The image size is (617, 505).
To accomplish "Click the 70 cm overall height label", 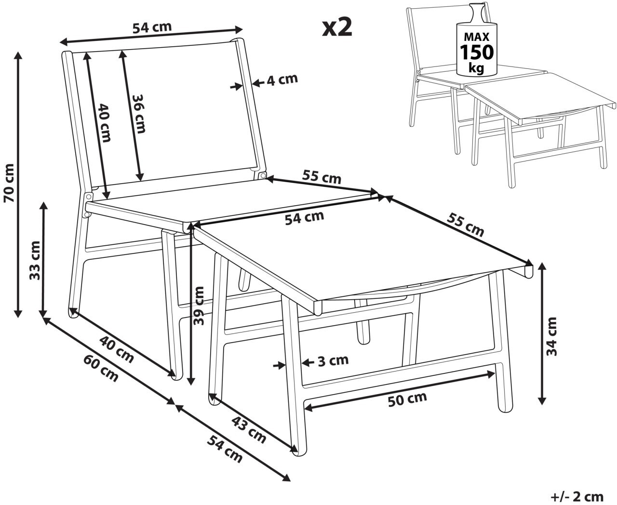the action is pyautogui.click(x=9, y=183).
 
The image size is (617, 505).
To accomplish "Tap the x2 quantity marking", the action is pyautogui.click(x=337, y=28).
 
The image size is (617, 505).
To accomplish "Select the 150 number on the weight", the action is pyautogui.click(x=477, y=53).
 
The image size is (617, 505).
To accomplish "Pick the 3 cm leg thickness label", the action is pyautogui.click(x=333, y=360).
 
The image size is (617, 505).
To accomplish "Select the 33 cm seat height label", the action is pyautogui.click(x=35, y=261).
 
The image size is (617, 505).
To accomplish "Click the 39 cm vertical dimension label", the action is pyautogui.click(x=199, y=306).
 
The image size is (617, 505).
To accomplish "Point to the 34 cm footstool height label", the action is pyautogui.click(x=551, y=336).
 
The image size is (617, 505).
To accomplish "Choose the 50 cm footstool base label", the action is pyautogui.click(x=407, y=399).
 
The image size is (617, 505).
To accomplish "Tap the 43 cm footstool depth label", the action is pyautogui.click(x=249, y=429).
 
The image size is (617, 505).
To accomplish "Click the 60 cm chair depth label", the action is pyautogui.click(x=101, y=368).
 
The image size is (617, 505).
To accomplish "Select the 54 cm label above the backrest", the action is pyautogui.click(x=152, y=27).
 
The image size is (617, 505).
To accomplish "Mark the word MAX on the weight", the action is pyautogui.click(x=477, y=37).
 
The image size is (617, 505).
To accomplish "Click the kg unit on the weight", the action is pyautogui.click(x=477, y=68).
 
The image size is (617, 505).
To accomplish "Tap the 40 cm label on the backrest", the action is pyautogui.click(x=104, y=123).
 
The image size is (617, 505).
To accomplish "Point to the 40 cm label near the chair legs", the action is pyautogui.click(x=117, y=349).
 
